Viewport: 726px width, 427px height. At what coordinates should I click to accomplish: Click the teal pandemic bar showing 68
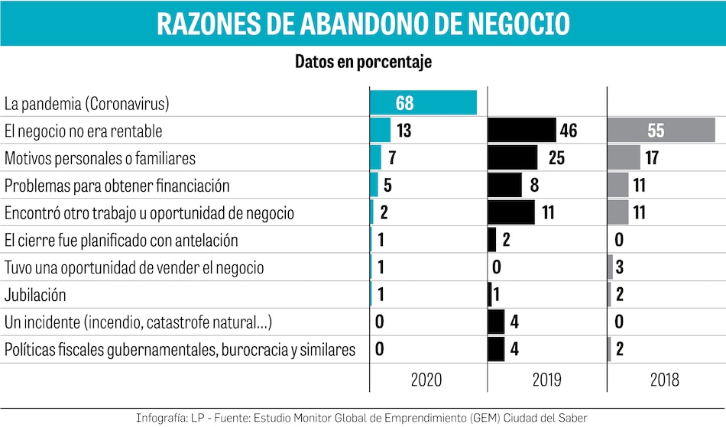[423, 103]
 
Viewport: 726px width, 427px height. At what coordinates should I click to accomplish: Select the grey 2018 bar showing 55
[661, 131]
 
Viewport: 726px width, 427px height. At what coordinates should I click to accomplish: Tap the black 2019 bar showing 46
[521, 131]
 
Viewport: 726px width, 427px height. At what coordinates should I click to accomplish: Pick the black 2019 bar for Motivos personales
[512, 158]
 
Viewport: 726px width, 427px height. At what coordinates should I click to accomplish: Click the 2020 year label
[426, 380]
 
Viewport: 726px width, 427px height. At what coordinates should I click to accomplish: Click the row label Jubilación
[35, 295]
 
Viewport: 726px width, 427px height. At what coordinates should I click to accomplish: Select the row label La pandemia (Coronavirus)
[86, 103]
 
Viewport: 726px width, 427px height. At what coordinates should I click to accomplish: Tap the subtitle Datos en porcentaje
[363, 63]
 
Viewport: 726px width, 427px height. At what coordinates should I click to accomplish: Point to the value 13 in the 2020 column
[404, 131]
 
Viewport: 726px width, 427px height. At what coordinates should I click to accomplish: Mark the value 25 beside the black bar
[556, 158]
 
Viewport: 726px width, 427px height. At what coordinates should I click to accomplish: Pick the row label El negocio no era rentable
[83, 131]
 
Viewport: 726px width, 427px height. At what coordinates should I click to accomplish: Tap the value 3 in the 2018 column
[620, 267]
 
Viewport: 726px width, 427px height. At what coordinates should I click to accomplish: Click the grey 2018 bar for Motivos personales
[624, 158]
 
